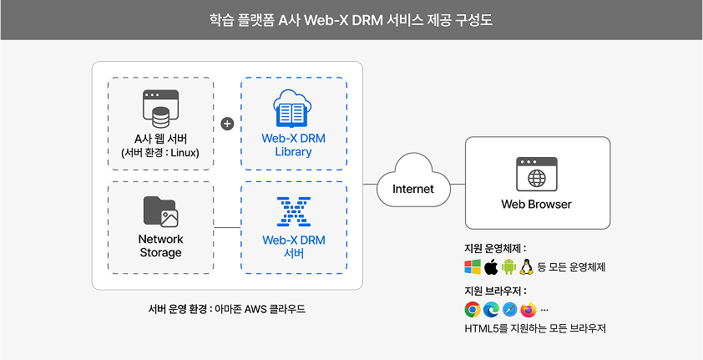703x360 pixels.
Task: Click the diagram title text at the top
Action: [x=351, y=19]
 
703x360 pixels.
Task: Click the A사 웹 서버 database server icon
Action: [x=161, y=109]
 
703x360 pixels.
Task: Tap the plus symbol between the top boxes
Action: [x=227, y=124]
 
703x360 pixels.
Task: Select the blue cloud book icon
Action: [x=293, y=110]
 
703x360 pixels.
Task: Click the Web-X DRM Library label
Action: [x=293, y=145]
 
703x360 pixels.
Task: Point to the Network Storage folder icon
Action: [x=160, y=211]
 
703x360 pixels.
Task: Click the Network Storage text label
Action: [x=160, y=246]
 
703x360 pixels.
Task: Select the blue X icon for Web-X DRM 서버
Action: [x=293, y=212]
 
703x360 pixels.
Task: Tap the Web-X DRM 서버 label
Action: [x=293, y=246]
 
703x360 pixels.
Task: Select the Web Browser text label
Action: [x=536, y=204]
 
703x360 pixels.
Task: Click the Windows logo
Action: [x=473, y=267]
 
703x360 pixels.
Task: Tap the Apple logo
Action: [x=491, y=267]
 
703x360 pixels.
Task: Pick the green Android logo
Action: [x=508, y=267]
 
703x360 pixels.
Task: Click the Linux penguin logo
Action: [x=527, y=267]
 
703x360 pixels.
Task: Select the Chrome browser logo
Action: [x=473, y=310]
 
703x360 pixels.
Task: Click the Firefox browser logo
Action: [x=527, y=310]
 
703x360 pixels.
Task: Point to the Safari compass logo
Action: [x=508, y=310]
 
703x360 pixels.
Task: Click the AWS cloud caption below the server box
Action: [x=226, y=308]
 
